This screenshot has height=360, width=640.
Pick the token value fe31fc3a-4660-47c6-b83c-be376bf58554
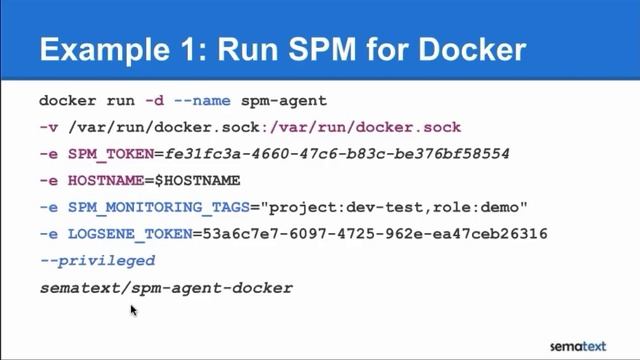pos(339,155)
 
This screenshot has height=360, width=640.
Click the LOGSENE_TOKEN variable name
pos(127,235)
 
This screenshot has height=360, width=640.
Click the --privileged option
pos(97,261)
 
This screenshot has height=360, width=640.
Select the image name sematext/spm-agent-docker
pos(165,288)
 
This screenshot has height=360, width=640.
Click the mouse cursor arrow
pos(132,310)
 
